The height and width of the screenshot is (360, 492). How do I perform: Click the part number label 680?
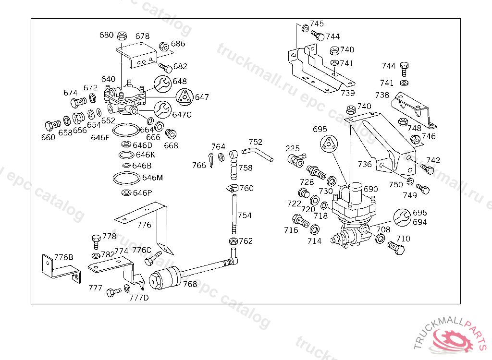(106, 35)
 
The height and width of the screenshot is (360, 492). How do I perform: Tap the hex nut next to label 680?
(122, 36)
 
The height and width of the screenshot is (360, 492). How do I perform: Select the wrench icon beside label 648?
(162, 84)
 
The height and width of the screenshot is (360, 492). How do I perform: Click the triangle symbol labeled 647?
(184, 97)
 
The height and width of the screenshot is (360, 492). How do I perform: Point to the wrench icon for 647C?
(162, 110)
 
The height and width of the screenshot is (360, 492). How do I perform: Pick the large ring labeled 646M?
(126, 178)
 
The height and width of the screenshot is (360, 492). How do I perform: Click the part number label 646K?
(145, 155)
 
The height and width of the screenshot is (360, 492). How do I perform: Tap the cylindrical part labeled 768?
(165, 278)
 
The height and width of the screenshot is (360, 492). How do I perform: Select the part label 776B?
(64, 257)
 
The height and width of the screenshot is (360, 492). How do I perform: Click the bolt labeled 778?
(96, 241)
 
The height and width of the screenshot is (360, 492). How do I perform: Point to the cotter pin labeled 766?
(211, 160)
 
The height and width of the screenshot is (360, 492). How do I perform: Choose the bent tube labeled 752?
(258, 154)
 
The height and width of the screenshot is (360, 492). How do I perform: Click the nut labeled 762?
(233, 241)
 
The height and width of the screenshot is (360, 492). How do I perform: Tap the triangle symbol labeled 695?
(329, 144)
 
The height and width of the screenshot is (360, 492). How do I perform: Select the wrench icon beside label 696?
(402, 217)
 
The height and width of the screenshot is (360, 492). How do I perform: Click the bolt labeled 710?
(396, 248)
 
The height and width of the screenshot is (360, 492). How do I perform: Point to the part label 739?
(348, 93)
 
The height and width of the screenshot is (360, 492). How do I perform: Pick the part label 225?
(293, 148)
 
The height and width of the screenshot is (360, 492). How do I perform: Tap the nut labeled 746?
(415, 139)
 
